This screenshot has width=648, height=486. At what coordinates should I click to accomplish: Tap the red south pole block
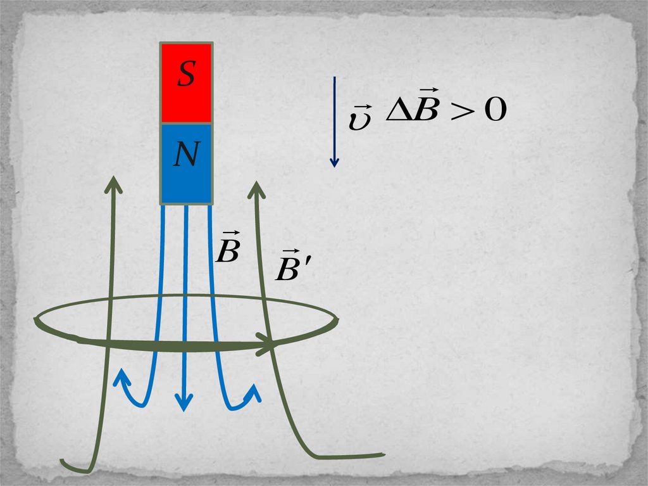(185, 101)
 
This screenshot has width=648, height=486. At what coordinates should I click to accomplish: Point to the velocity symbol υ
(359, 120)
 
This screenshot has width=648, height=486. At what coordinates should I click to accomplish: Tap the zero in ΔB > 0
(495, 112)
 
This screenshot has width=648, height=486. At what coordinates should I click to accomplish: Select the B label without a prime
(227, 251)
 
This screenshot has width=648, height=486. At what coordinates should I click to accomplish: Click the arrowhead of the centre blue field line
(184, 403)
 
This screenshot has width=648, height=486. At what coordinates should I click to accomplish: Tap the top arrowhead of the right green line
(256, 188)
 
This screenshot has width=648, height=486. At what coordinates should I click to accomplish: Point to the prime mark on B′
(309, 262)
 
